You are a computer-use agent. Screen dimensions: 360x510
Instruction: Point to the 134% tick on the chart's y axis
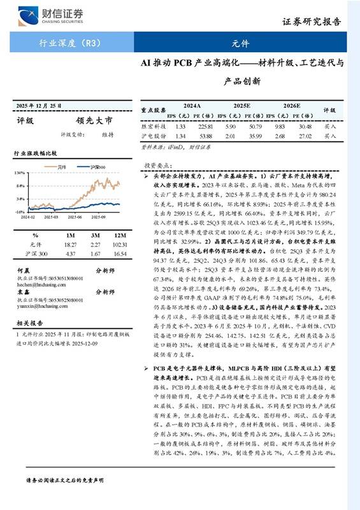[20, 173]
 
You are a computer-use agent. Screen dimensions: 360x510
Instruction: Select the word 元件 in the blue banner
[240, 45]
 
